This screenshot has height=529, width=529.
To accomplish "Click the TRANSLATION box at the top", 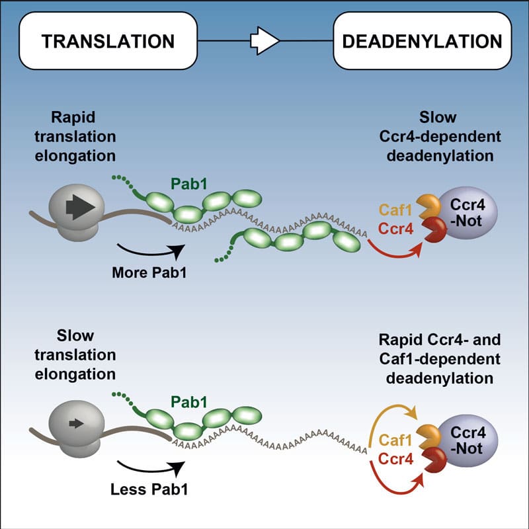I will pos(108,41).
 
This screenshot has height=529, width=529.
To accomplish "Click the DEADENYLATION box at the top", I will pos(423,41).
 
